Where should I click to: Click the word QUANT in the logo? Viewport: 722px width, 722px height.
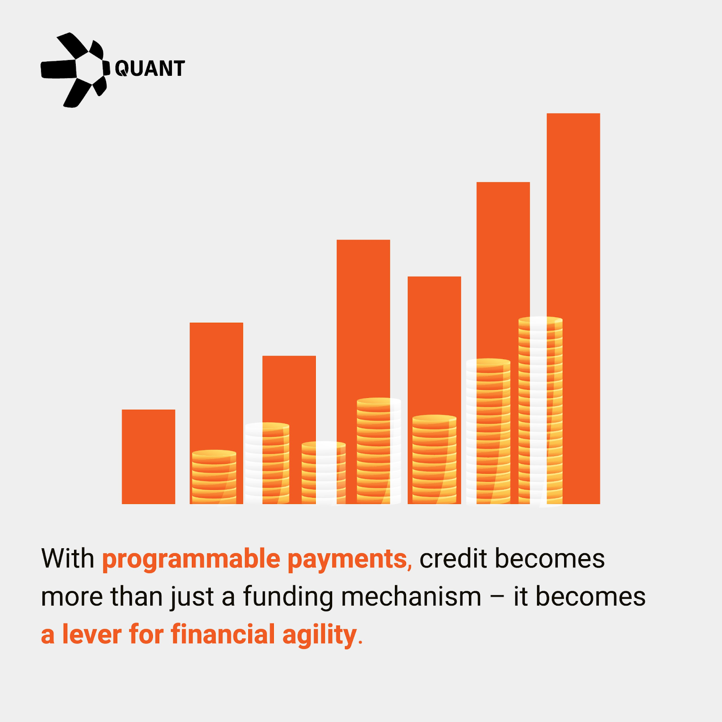tap(150, 69)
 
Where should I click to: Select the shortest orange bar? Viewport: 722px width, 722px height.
tap(148, 457)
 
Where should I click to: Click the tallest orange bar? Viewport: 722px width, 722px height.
tap(573, 309)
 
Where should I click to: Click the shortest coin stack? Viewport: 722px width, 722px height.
tap(214, 477)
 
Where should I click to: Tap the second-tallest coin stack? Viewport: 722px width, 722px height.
tap(488, 431)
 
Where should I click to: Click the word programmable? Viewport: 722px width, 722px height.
tap(191, 560)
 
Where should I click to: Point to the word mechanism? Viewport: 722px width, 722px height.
tap(411, 597)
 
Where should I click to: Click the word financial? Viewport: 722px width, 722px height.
tap(223, 634)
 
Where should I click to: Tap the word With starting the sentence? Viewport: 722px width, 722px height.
tap(68, 559)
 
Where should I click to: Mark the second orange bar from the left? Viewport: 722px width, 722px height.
tap(216, 413)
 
